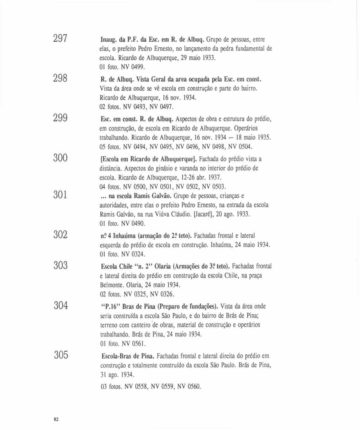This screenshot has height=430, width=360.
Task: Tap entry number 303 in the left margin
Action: point(61,265)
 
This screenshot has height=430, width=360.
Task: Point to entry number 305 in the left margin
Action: point(61,355)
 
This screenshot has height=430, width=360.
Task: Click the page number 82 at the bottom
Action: point(56,419)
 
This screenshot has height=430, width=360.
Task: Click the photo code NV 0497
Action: point(161,107)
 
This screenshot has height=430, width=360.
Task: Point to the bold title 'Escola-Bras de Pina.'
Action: point(128,356)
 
